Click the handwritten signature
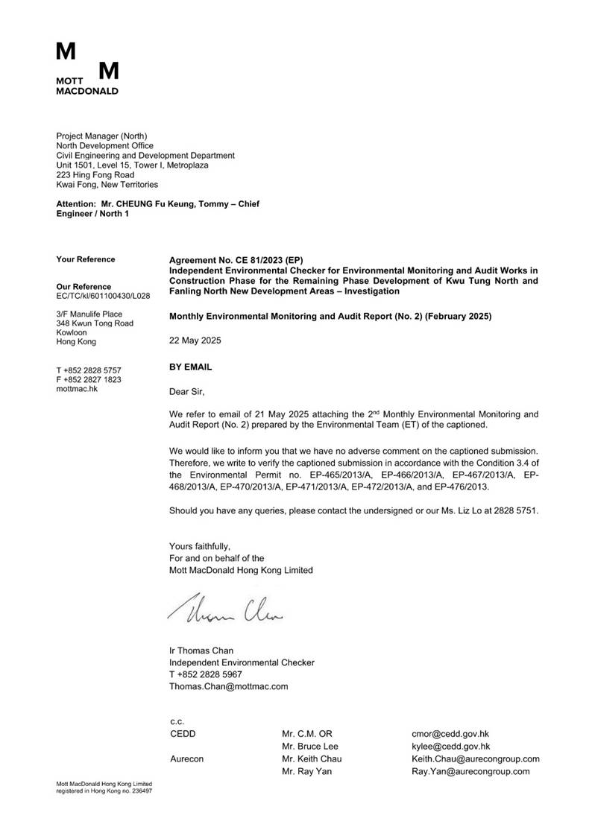point(219,609)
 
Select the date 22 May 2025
point(195,340)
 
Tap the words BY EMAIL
point(191,367)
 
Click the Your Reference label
point(86,259)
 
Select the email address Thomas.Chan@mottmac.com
point(228,686)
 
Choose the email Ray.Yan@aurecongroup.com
point(470,772)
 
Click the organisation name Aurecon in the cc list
point(186,759)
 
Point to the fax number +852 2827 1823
point(92,379)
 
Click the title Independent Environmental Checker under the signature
point(242,662)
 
